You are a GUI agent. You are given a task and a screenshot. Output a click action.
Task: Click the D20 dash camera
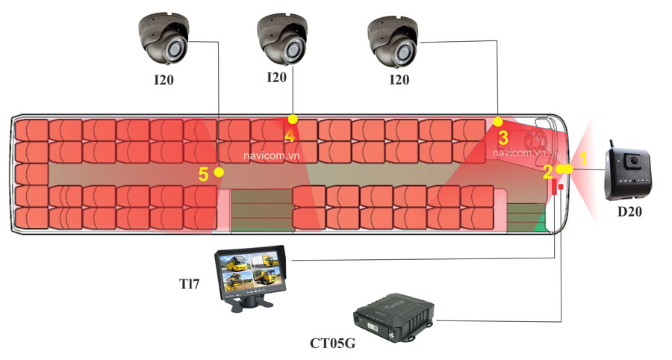(x=628, y=174)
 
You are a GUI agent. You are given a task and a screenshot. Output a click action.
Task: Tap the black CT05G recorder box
(x=393, y=314)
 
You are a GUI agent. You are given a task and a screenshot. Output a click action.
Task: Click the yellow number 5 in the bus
(x=203, y=175)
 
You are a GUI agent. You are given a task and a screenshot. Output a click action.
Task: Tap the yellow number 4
(x=289, y=136)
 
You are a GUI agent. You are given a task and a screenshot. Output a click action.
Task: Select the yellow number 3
(x=503, y=137)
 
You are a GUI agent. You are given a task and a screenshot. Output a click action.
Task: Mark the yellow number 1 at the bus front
(x=584, y=158)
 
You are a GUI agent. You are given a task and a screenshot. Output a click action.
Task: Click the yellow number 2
(x=548, y=172)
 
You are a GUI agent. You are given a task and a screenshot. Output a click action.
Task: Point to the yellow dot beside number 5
(x=219, y=172)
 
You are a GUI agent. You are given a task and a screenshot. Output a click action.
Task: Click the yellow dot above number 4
(x=293, y=119)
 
